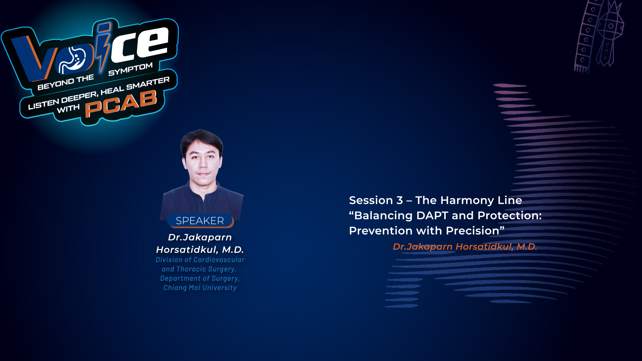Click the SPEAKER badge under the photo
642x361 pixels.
pos(200,221)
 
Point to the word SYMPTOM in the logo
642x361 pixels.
pos(130,69)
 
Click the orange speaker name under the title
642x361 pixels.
pos(465,247)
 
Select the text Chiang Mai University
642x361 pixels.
pos(200,288)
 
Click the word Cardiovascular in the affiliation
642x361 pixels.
pos(219,260)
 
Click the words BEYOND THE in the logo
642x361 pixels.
pos(66,82)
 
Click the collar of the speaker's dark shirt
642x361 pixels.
pos(202,191)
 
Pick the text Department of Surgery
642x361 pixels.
pos(200,278)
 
